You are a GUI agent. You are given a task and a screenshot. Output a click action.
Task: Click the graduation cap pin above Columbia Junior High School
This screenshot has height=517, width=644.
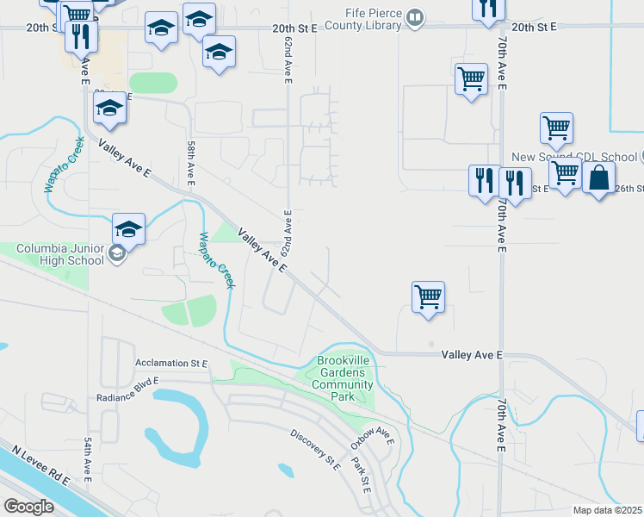click(x=128, y=229)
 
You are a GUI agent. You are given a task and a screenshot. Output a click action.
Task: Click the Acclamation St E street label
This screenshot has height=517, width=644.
click(x=172, y=364)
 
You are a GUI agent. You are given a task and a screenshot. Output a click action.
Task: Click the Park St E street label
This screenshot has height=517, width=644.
click(x=360, y=475)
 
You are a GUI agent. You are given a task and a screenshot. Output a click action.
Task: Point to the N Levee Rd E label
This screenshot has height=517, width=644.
click(x=38, y=469)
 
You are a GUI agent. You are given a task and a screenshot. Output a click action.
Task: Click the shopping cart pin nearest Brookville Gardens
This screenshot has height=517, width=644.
click(x=428, y=297)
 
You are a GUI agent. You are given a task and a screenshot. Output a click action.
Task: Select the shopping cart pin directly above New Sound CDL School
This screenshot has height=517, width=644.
click(x=556, y=129)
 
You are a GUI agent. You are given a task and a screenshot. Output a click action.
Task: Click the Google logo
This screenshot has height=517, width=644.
click(x=28, y=506)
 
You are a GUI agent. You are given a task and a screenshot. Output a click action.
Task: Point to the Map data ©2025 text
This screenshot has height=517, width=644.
click(x=608, y=510)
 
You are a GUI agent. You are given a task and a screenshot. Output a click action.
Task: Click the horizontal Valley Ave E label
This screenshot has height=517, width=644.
click(x=471, y=355)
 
